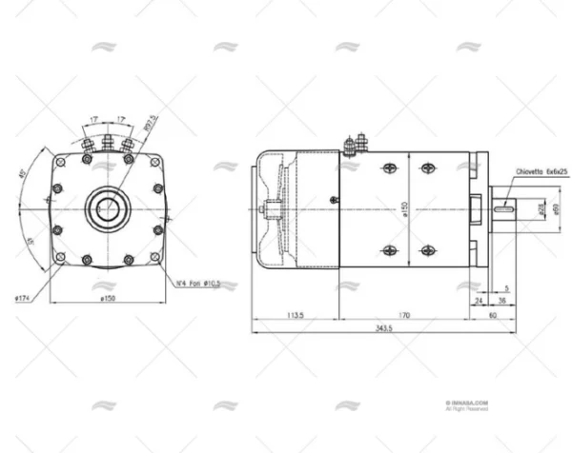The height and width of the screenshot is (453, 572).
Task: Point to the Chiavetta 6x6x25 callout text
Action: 541,173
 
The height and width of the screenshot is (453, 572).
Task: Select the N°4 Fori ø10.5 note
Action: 198,283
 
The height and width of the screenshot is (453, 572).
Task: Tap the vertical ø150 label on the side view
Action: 405,207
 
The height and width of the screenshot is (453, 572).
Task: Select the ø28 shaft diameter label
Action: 541,207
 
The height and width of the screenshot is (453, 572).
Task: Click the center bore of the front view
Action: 108,207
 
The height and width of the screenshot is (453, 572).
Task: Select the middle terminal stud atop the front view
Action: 108,144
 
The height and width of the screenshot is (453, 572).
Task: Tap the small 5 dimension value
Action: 507,286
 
